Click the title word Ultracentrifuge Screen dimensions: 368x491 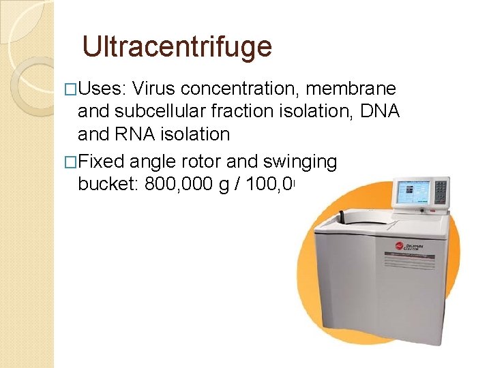[177, 46]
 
